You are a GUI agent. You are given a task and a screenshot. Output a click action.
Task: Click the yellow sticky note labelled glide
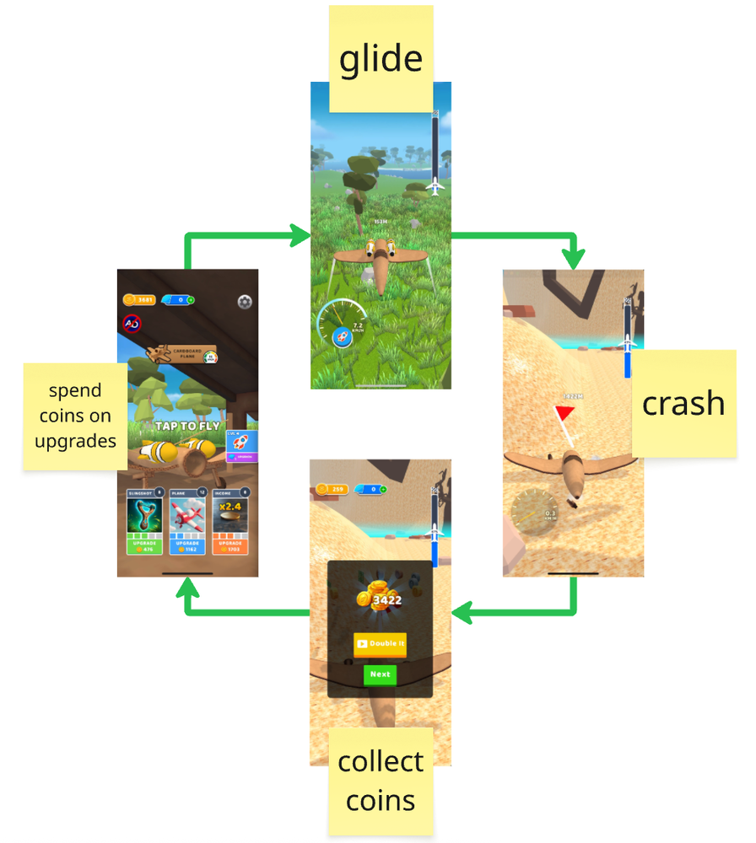[x=381, y=58]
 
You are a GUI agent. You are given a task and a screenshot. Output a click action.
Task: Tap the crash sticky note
[x=683, y=403]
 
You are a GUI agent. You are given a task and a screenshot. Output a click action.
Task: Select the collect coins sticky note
[x=381, y=780]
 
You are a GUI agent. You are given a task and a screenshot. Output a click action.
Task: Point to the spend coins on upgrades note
[x=75, y=416]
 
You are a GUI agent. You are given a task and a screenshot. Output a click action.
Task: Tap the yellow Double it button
[x=381, y=643]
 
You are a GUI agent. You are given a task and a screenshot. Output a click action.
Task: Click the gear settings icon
[x=245, y=301]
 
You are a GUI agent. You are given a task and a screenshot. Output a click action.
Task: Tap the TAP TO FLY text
[x=187, y=426]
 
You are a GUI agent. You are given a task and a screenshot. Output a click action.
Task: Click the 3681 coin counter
[x=139, y=299]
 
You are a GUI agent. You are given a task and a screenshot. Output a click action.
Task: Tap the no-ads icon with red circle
[x=132, y=323]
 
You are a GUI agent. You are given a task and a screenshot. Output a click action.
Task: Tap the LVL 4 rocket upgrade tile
[x=241, y=445]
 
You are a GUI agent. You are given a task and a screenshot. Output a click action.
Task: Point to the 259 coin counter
[x=334, y=489]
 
